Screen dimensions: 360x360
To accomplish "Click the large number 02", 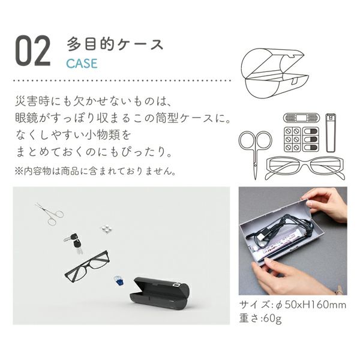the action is tap(33, 51).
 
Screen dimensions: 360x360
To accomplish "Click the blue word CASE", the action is tap(82, 64).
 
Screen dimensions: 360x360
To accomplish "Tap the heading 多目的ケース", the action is tap(115, 44).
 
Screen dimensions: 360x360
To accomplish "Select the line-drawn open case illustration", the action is tap(275, 73).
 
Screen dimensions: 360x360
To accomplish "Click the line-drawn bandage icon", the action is tap(301, 118).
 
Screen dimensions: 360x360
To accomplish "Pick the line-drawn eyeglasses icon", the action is tap(305, 168).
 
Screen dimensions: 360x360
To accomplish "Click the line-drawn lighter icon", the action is tap(331, 133).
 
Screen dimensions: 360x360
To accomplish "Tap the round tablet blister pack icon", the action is tap(292, 139).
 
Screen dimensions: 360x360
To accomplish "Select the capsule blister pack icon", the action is tap(310, 139).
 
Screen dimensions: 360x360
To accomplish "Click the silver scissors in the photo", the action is tap(50, 214).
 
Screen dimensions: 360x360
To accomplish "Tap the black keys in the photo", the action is tap(74, 242).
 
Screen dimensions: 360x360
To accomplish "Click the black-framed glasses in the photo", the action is tap(87, 266).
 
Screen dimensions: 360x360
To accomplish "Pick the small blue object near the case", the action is tap(119, 281).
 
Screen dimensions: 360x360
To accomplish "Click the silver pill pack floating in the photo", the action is tap(106, 229).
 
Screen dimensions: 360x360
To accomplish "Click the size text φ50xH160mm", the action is tap(310, 305).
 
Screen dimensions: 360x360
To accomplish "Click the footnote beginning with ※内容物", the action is tap(95, 171).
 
